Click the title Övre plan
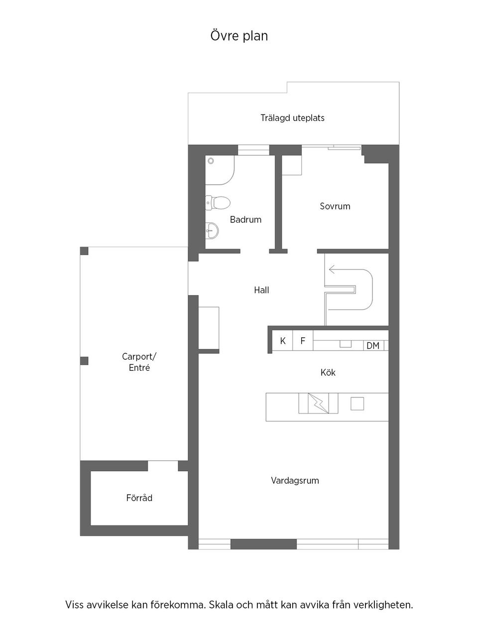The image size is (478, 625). coord(239,36)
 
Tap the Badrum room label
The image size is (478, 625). coord(245,219)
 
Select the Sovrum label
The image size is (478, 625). coord(335,206)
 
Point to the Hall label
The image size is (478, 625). coord(261,290)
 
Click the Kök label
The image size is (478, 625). coord(328,372)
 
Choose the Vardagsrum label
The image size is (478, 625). coord(295,481)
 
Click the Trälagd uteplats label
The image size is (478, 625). coord(293,118)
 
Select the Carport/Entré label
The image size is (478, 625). coord(139,362)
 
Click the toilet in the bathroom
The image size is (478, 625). coord(218,203)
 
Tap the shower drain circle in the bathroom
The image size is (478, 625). coord(211,161)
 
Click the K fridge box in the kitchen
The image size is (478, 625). coord(283,340)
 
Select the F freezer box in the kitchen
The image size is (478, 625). coord(303,340)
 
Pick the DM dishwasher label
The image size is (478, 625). coord(373,346)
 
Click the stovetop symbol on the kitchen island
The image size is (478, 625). coord(319,403)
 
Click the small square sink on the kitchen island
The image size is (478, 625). coord(357,404)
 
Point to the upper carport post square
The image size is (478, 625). coord(84,251)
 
